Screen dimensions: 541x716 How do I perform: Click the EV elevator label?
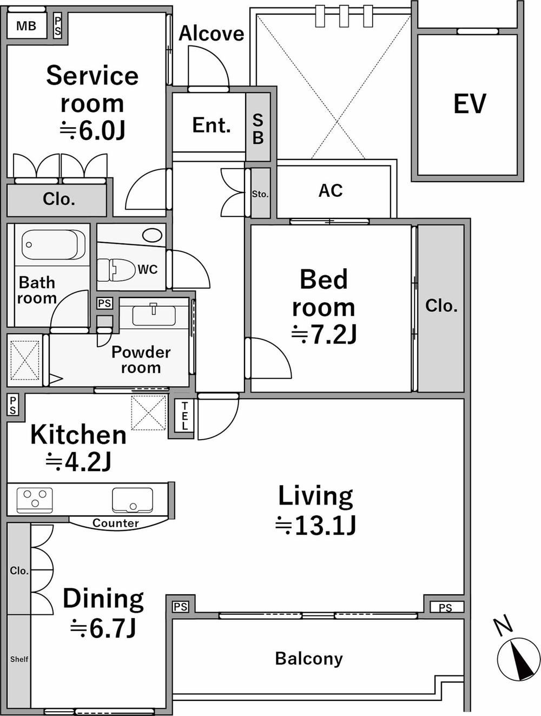pos(470,103)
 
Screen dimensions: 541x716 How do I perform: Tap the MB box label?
pos(26,26)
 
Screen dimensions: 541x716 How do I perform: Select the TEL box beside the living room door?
pos(184,416)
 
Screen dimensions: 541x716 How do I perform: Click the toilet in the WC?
pos(116,270)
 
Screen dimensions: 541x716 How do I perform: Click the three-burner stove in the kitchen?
pos(35,500)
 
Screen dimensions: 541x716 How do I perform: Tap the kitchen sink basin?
pos(132,500)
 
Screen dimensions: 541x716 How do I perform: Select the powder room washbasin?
pos(154,314)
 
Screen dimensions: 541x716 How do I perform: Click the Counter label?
pos(116,523)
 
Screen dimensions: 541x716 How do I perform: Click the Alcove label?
pos(212,34)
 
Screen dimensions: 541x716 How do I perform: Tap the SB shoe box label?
pos(258,129)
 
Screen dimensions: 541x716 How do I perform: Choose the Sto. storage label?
pos(260,194)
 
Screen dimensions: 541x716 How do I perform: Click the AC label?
pos(331,190)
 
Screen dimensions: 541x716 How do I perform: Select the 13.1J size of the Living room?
pos(315,525)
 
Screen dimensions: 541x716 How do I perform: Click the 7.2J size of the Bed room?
pos(324,335)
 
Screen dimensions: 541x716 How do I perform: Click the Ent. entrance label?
pos(212,125)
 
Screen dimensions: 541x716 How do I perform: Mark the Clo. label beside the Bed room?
pos(441,306)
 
